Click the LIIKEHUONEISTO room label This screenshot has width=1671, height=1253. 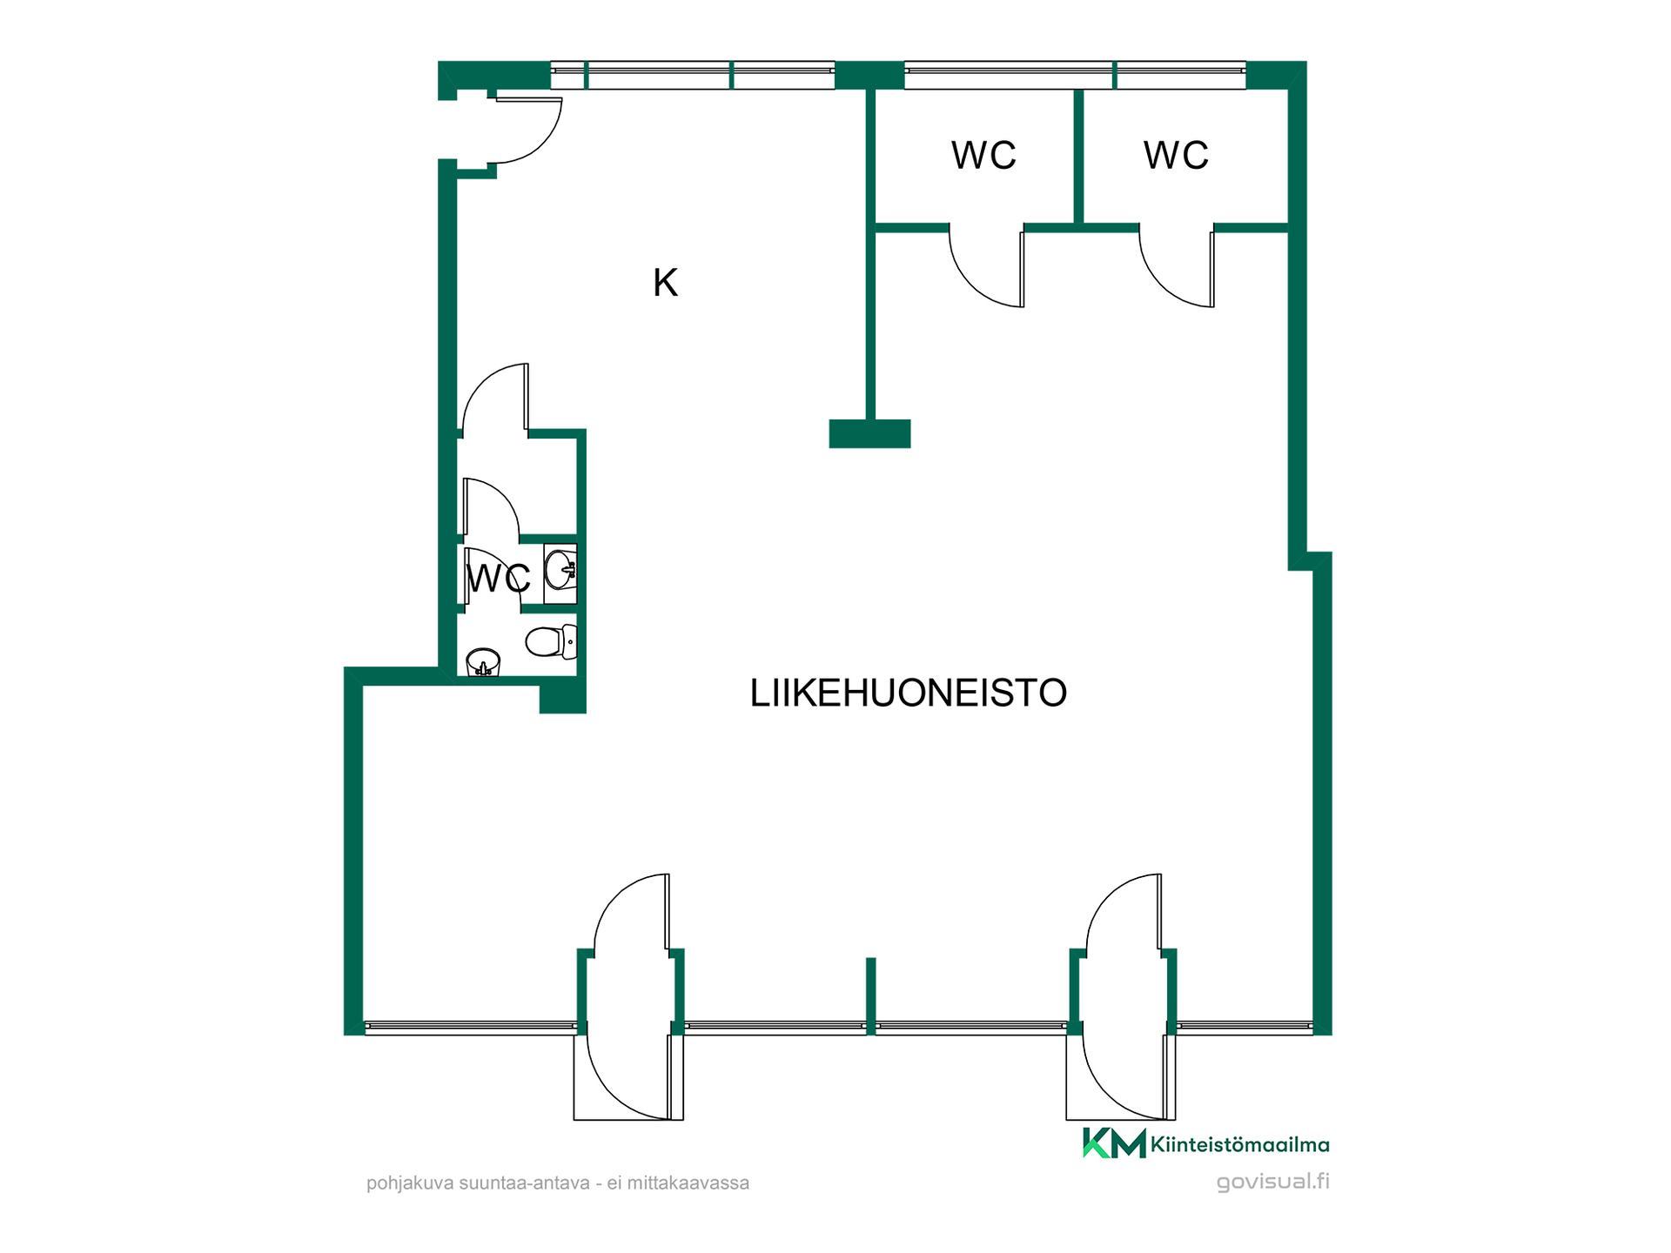pyautogui.click(x=909, y=694)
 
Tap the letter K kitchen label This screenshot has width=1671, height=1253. pyautogui.click(x=666, y=283)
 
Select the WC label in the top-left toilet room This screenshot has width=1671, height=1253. pyautogui.click(x=983, y=155)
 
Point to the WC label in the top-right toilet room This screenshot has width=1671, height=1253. pyautogui.click(x=1176, y=155)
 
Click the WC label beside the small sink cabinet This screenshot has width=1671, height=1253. pyautogui.click(x=499, y=579)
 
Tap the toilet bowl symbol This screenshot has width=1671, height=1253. pyautogui.click(x=551, y=642)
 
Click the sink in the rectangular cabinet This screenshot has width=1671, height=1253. pyautogui.click(x=560, y=571)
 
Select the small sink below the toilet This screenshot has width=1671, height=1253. pyautogui.click(x=483, y=662)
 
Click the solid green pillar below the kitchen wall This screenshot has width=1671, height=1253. pyautogui.click(x=869, y=433)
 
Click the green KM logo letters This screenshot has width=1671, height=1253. pyautogui.click(x=1114, y=1143)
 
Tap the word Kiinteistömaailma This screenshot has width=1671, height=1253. pyautogui.click(x=1240, y=1145)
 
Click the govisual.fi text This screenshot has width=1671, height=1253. pyautogui.click(x=1273, y=1182)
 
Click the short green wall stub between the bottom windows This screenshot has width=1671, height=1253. pyautogui.click(x=870, y=995)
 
